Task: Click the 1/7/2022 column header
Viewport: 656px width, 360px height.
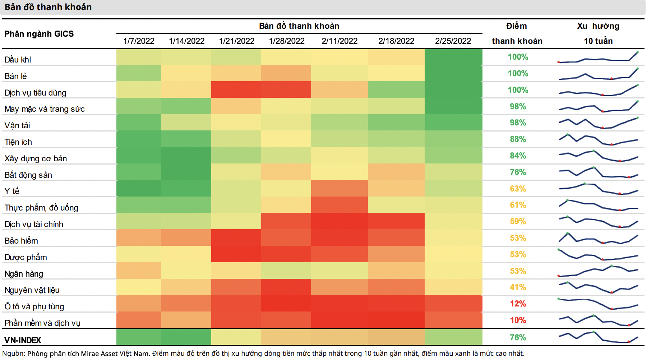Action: (139, 41)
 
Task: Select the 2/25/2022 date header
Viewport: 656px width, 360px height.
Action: (453, 41)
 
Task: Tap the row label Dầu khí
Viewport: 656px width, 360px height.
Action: (18, 60)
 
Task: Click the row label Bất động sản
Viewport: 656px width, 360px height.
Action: (28, 175)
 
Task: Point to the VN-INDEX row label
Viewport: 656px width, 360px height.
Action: (23, 340)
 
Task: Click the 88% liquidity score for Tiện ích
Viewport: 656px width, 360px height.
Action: (518, 139)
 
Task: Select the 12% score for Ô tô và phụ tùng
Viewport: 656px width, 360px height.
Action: (518, 304)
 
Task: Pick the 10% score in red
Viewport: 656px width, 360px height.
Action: (518, 320)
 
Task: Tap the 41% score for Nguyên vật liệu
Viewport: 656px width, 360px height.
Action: (518, 287)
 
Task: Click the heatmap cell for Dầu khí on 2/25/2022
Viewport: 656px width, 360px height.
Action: (453, 57)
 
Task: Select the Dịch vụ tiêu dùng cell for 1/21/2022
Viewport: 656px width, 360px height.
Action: (236, 89)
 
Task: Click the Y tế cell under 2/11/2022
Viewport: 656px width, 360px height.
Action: (339, 188)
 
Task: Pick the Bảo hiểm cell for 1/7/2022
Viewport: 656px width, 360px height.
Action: (139, 237)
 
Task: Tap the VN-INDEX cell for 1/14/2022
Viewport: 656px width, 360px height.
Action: (186, 337)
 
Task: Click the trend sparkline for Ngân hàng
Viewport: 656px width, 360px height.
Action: (598, 271)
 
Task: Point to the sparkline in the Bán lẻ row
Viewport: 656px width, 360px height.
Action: (598, 74)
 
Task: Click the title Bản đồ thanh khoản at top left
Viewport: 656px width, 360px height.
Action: (48, 7)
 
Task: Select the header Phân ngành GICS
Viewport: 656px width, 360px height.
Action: (39, 34)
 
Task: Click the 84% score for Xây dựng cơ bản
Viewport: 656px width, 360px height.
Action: (518, 156)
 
